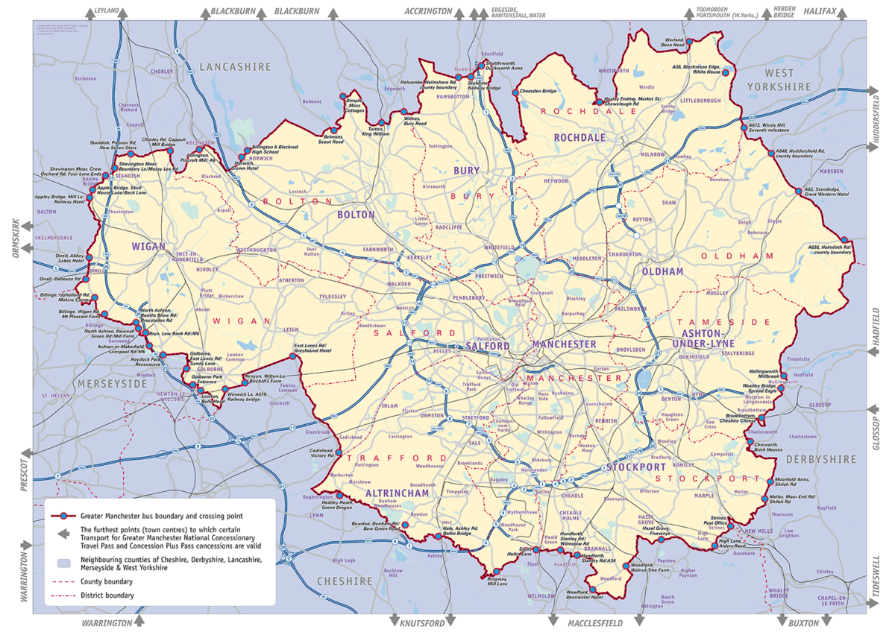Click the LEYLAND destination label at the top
[106, 12]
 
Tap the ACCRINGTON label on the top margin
[428, 12]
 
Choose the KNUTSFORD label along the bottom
[422, 622]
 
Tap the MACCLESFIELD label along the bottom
[594, 622]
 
